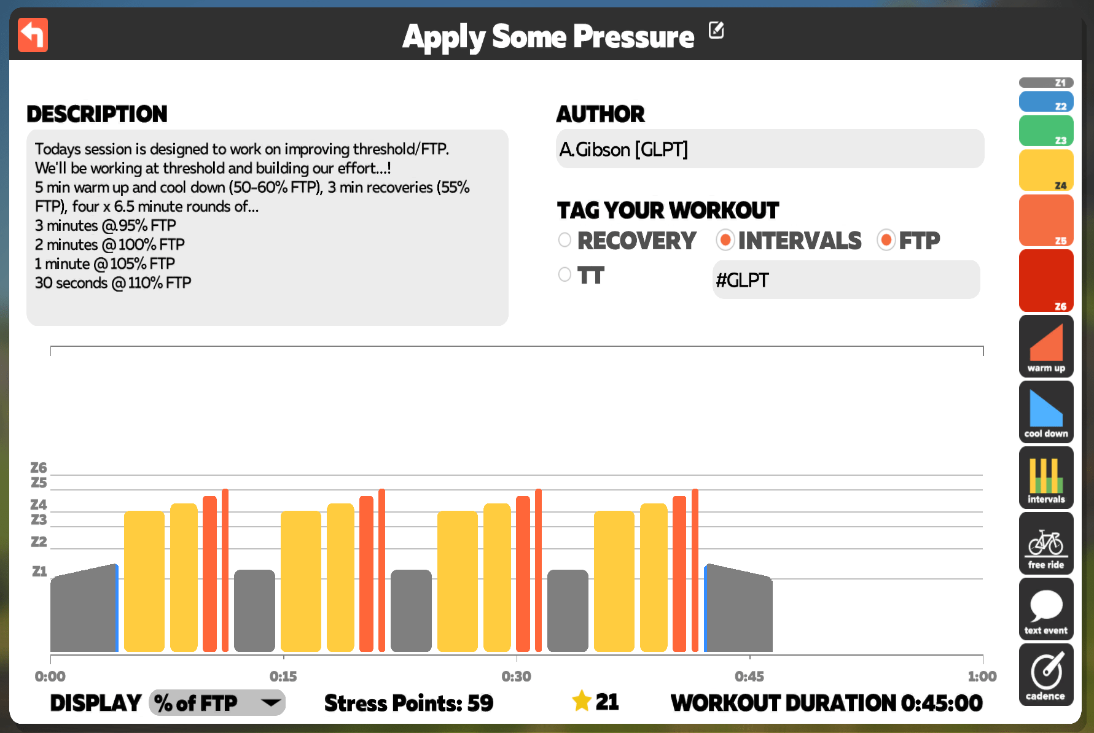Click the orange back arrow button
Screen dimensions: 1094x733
click(x=33, y=35)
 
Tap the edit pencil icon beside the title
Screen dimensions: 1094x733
click(x=716, y=29)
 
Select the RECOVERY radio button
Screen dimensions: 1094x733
click(x=565, y=240)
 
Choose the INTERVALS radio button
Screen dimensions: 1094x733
click(x=725, y=240)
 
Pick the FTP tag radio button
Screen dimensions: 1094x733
click(x=886, y=240)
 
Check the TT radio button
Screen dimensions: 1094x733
click(x=565, y=274)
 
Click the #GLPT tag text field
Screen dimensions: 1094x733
click(x=846, y=280)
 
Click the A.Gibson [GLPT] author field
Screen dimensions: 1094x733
click(x=770, y=149)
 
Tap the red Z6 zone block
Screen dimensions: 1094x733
click(x=1046, y=281)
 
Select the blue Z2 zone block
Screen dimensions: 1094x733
click(x=1046, y=101)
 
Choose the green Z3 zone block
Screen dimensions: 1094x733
click(x=1046, y=131)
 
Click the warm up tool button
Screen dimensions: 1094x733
click(x=1046, y=346)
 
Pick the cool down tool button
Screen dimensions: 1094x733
click(x=1046, y=411)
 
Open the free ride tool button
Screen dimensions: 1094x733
click(x=1046, y=543)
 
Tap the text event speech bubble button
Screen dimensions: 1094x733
click(x=1046, y=608)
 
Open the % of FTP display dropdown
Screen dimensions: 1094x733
click(x=217, y=703)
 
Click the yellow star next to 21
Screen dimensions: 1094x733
click(x=581, y=700)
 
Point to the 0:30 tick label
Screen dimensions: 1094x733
click(x=516, y=677)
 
